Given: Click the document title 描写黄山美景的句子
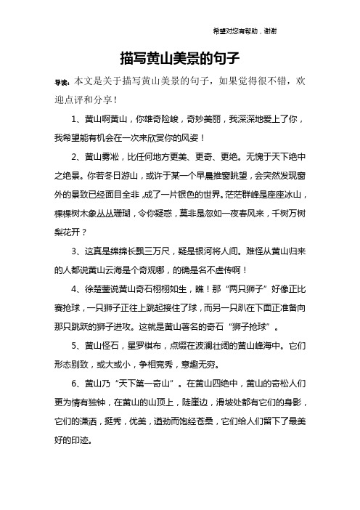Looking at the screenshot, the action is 179,56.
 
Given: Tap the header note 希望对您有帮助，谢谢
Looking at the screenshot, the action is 243,31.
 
